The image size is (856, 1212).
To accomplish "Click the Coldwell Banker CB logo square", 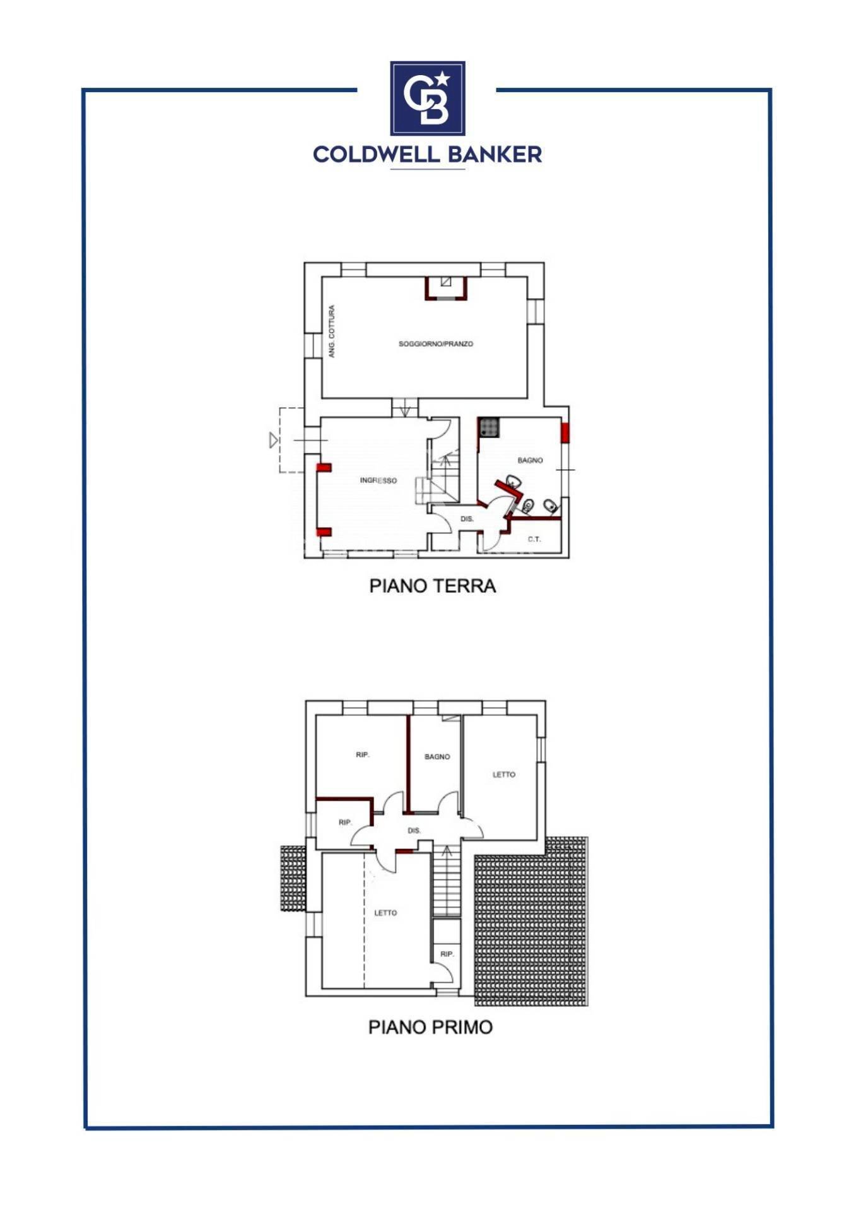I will (427, 98).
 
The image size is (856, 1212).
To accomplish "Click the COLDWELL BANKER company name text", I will (427, 154).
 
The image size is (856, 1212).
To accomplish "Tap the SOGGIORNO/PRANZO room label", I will (435, 344).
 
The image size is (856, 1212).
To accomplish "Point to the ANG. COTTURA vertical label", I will (331, 331).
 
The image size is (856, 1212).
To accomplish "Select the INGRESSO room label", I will (378, 480).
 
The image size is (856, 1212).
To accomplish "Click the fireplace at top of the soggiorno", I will (446, 288).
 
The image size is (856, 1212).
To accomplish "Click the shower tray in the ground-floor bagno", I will (488, 427).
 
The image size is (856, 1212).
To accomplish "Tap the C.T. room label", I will (534, 539).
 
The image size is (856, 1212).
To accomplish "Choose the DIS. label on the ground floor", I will (467, 519).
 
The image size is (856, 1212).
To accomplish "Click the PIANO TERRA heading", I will (432, 586).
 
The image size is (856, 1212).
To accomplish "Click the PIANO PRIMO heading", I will (430, 1027).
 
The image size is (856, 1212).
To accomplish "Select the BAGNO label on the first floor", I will (437, 756).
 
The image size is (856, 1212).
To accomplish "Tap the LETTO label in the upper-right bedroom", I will (503, 775).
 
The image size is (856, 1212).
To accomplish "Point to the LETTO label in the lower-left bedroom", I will (385, 913).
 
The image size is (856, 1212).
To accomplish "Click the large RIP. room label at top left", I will (362, 755).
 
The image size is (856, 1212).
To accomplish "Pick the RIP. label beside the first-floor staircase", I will (447, 954).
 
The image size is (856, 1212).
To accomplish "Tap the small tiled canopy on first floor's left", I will (293, 878).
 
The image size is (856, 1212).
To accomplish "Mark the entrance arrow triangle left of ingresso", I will (273, 440).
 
